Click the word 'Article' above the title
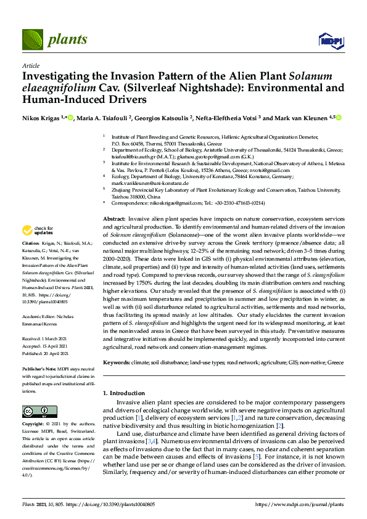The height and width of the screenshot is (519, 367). coord(30,65)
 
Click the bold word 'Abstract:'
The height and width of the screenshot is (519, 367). coord(114,219)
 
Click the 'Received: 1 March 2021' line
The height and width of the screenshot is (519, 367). coord(49,339)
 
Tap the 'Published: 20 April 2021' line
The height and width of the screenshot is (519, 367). coord(50,355)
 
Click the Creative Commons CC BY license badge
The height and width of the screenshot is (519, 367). coord(40,411)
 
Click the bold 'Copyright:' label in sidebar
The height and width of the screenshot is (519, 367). coord(33,424)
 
